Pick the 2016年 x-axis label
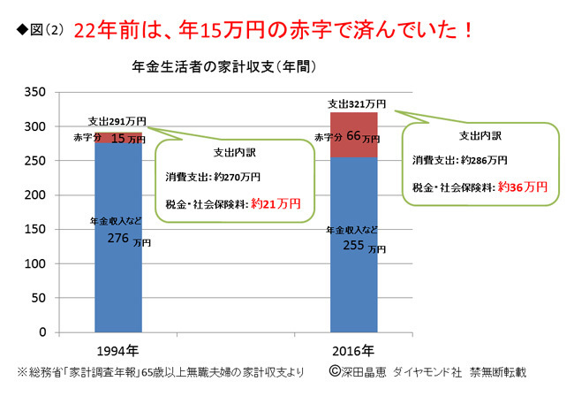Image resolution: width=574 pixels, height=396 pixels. pyautogui.click(x=353, y=349)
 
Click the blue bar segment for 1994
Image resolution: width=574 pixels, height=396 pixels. pyautogui.click(x=118, y=283)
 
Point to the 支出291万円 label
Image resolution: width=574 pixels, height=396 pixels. pyautogui.click(x=117, y=120)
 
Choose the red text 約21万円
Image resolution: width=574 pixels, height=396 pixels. pyautogui.click(x=276, y=203)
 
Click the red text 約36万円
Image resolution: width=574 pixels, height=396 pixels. pyautogui.click(x=523, y=187)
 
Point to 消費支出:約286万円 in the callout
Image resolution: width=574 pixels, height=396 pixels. pyautogui.click(x=459, y=160)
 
